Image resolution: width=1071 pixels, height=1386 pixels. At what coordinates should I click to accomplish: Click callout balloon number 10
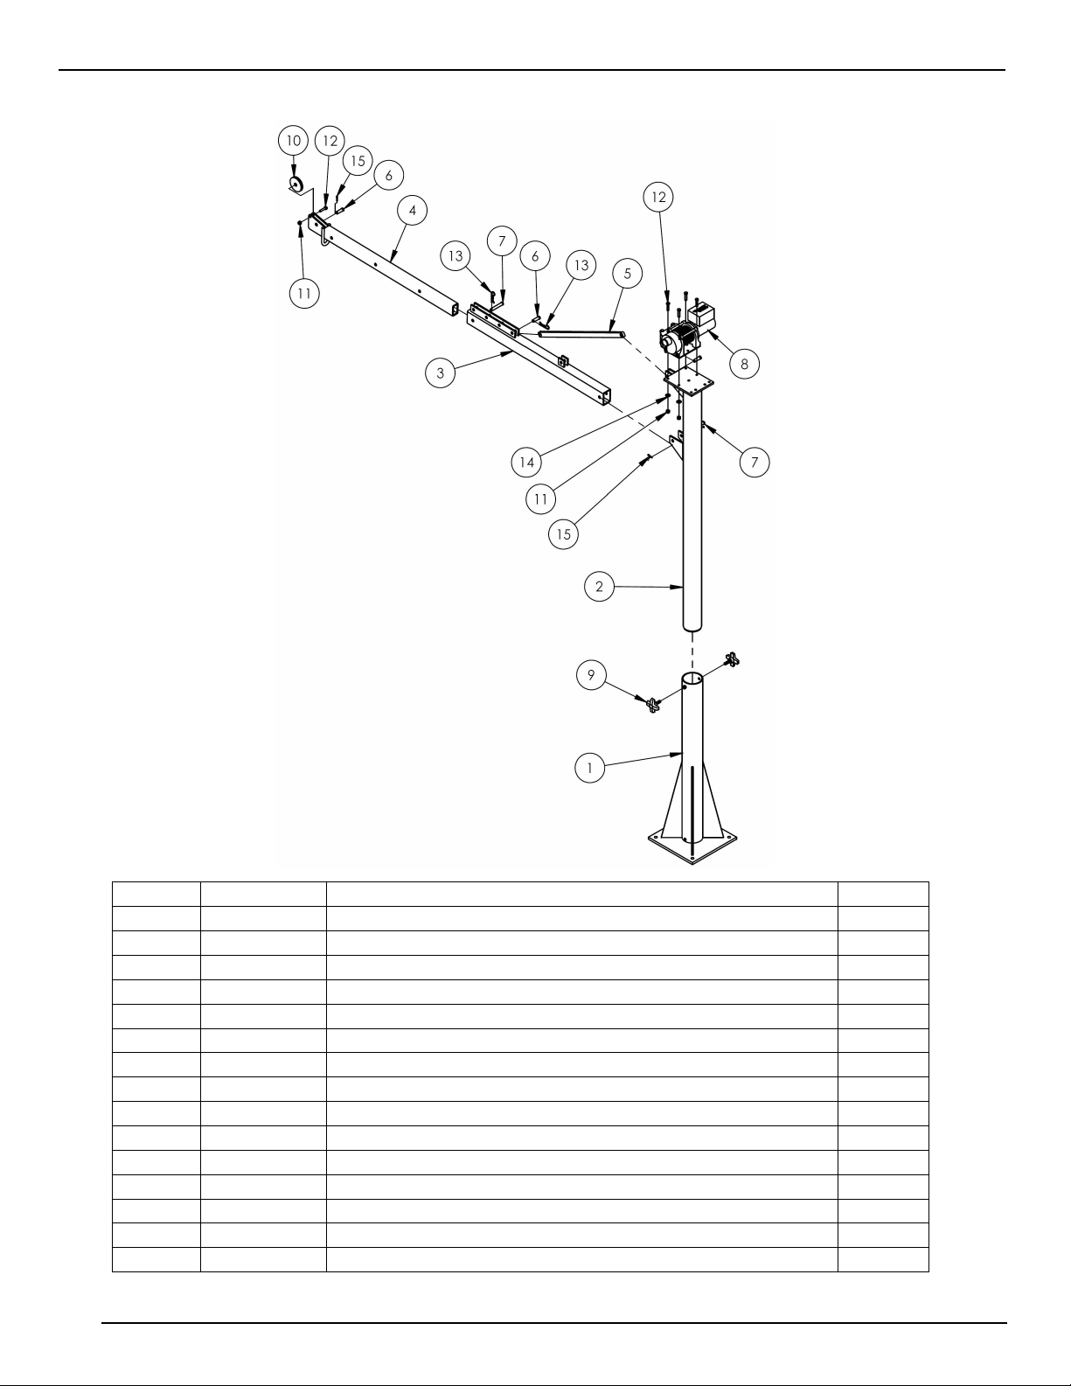[x=293, y=140]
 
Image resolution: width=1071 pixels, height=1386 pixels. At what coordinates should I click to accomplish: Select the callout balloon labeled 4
[x=413, y=211]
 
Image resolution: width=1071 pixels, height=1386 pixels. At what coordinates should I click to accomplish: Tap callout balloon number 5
[x=628, y=273]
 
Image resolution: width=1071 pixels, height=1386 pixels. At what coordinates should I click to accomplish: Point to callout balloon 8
[x=744, y=364]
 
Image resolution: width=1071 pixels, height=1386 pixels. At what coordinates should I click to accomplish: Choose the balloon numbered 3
[x=441, y=373]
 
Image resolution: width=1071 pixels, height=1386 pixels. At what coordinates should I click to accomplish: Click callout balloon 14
[x=526, y=462]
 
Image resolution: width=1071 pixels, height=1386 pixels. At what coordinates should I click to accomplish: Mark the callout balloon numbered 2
[x=599, y=586]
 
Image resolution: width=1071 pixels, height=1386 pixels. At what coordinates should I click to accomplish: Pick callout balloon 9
[x=592, y=675]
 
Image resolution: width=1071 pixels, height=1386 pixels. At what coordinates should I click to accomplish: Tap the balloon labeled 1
[x=589, y=768]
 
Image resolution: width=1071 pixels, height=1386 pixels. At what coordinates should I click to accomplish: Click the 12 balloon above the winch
[x=658, y=197]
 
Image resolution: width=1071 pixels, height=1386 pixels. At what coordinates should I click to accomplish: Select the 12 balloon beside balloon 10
[x=330, y=140]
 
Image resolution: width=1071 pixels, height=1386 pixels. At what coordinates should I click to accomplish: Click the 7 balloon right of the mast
[x=755, y=462]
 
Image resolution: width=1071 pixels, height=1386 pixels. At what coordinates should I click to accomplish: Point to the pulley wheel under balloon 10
[x=296, y=185]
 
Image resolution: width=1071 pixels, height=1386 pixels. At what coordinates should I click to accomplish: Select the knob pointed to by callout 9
[x=652, y=705]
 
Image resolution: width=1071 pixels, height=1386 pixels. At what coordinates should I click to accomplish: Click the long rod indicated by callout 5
[x=581, y=333]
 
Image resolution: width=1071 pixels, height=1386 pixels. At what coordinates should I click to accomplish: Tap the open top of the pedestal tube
[x=692, y=678]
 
